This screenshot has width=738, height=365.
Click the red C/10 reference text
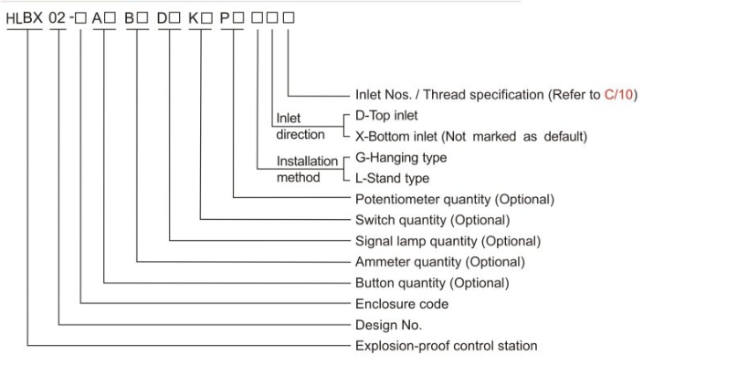[x=618, y=95]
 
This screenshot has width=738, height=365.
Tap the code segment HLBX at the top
[x=25, y=18]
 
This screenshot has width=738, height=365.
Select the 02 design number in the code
[x=58, y=18]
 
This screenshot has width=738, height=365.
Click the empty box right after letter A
[x=110, y=18]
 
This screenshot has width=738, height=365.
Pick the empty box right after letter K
[x=206, y=18]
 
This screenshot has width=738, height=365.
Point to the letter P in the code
[x=226, y=18]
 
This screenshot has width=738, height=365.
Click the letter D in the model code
[x=162, y=18]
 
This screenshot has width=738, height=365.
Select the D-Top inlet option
[x=386, y=115]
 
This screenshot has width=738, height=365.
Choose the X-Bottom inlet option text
[x=471, y=136]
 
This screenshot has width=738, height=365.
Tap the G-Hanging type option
[x=401, y=158]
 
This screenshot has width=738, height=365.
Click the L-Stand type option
[x=392, y=178]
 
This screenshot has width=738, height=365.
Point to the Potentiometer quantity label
[x=455, y=200]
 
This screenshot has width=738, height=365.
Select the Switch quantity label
[x=433, y=220]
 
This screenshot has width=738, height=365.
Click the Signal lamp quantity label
[x=448, y=241]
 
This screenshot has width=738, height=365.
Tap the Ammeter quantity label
[x=440, y=262]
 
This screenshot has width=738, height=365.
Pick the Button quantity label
[x=432, y=283]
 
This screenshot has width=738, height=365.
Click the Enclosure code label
[x=402, y=304]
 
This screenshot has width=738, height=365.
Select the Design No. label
[x=389, y=325]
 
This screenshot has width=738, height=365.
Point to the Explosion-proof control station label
[x=447, y=346]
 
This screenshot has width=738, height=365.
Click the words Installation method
[x=307, y=170]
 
